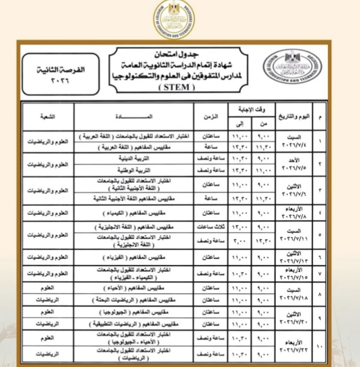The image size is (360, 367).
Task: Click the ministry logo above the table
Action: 174,20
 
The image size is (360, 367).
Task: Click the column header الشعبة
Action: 48,117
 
